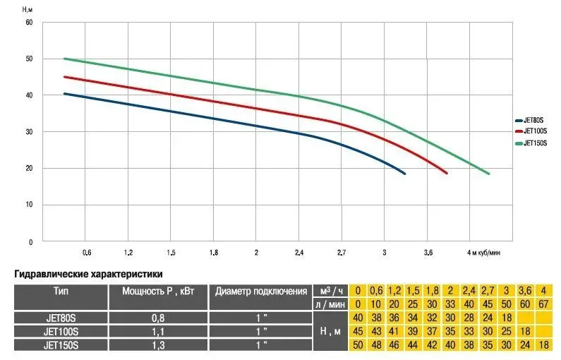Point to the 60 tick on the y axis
coord(30,22)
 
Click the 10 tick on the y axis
coord(30,205)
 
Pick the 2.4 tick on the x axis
coord(298,252)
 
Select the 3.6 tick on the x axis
coord(428,252)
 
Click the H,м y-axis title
coord(28,8)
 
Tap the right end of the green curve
coord(488,174)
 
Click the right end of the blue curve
coord(405,174)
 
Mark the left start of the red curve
coord(64,77)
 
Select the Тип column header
coord(61,290)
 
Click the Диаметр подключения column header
coord(261,290)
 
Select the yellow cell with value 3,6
coord(524,290)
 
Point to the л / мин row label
coord(331,304)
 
